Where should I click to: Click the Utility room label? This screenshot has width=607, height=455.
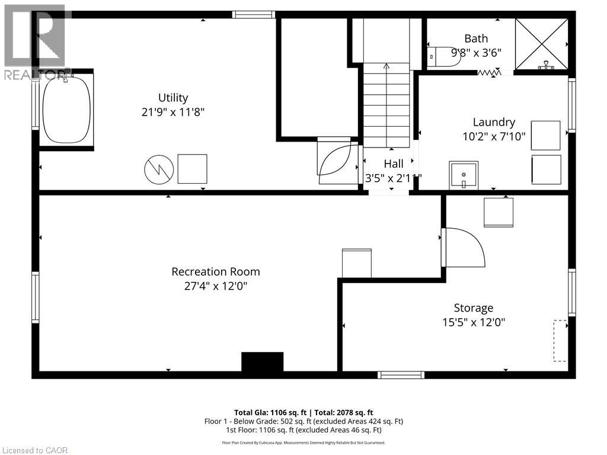[173, 98]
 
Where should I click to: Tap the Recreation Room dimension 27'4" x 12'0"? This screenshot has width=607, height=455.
[216, 286]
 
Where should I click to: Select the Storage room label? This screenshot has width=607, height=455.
[474, 308]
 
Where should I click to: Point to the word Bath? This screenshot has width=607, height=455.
[476, 39]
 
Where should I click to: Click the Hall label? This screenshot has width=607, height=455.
[394, 164]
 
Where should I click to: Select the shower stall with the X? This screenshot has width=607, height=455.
[541, 44]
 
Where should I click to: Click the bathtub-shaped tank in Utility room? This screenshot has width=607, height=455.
[66, 110]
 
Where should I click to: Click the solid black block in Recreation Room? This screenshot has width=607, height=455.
[262, 362]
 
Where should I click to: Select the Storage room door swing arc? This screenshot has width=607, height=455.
[464, 248]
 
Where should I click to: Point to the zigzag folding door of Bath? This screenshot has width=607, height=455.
[489, 72]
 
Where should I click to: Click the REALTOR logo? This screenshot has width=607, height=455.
[36, 41]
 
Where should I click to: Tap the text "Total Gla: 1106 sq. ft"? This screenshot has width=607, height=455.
[270, 412]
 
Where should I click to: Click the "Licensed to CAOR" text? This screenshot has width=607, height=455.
[34, 450]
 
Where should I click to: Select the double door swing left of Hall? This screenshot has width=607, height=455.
[338, 159]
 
